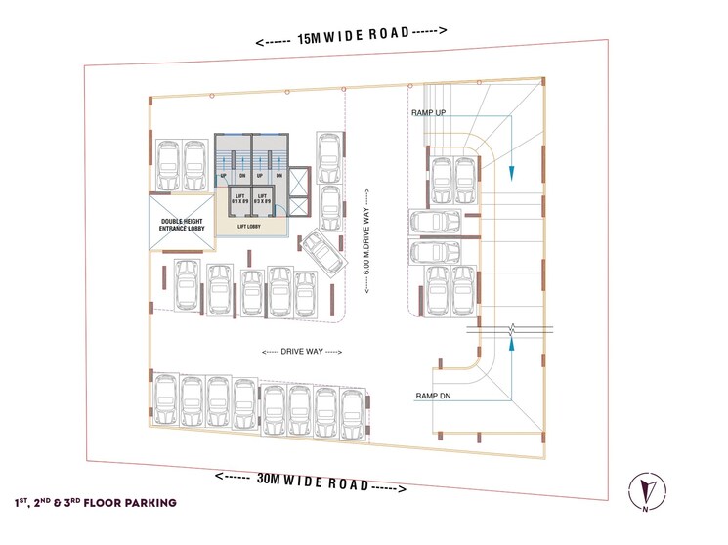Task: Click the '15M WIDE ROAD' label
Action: [x=352, y=34]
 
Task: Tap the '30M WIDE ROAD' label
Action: [x=312, y=482]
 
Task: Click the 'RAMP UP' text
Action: [x=429, y=114]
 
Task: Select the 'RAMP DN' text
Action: [x=432, y=395]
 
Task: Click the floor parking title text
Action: [x=95, y=503]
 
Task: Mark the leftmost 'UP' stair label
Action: [x=224, y=176]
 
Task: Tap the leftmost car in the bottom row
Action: [x=166, y=401]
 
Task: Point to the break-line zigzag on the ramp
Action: [x=509, y=328]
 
